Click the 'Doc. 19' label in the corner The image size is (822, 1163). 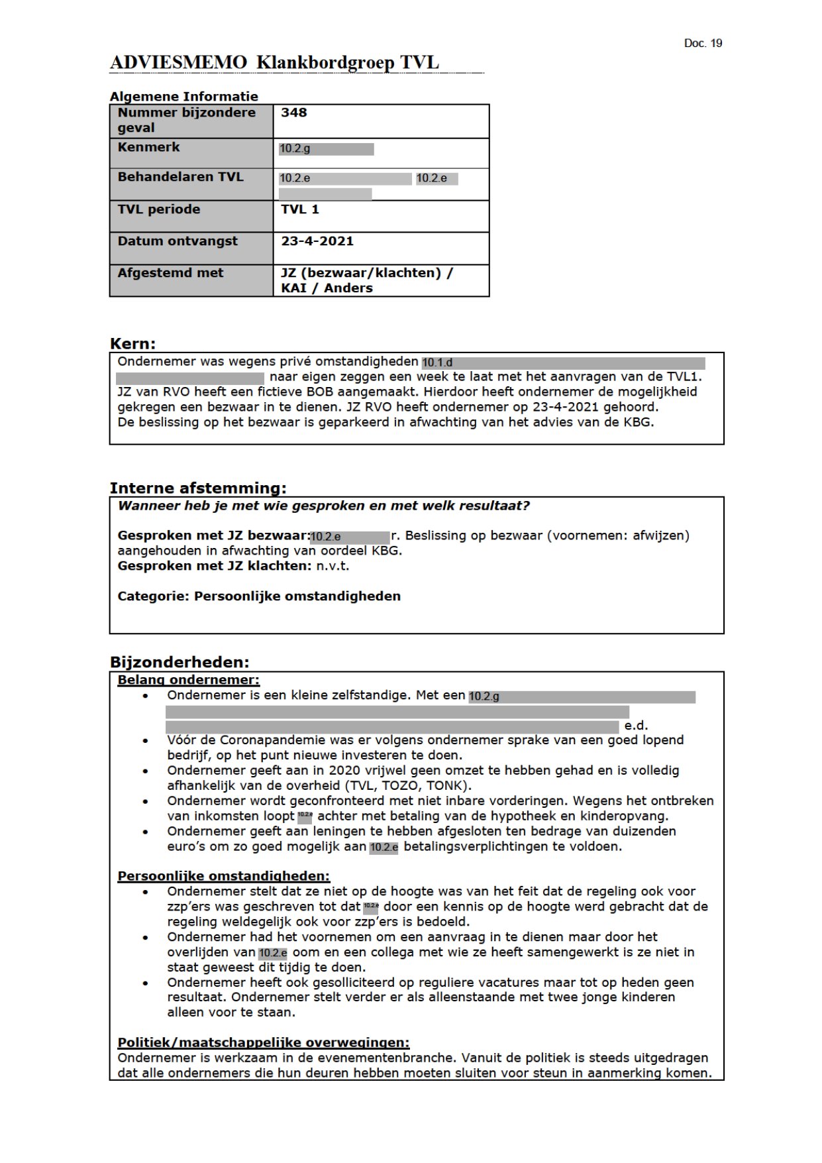tap(702, 44)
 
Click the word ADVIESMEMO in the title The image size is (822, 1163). tap(178, 63)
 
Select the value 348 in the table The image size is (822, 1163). tap(293, 113)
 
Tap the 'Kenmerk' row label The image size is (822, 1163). tap(148, 147)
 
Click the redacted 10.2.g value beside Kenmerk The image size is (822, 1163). tap(326, 149)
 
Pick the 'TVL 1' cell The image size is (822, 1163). tap(299, 209)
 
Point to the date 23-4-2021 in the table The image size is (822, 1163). tap(317, 241)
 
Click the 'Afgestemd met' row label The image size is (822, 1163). tap(170, 273)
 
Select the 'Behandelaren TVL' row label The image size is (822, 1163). tap(180, 177)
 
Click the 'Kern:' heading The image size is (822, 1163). tap(132, 344)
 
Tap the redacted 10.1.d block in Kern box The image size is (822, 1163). tap(563, 363)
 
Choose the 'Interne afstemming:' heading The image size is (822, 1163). tap(198, 488)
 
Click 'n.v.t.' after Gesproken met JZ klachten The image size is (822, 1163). tap(332, 566)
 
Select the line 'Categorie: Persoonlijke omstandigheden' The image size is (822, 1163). tap(259, 596)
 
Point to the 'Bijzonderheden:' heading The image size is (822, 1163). tap(180, 662)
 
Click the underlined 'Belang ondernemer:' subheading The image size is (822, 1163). tap(188, 680)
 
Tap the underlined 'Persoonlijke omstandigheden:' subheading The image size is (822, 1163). tap(223, 876)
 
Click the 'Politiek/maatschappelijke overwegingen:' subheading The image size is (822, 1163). tap(263, 1042)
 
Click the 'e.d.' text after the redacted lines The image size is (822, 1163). tap(636, 726)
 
